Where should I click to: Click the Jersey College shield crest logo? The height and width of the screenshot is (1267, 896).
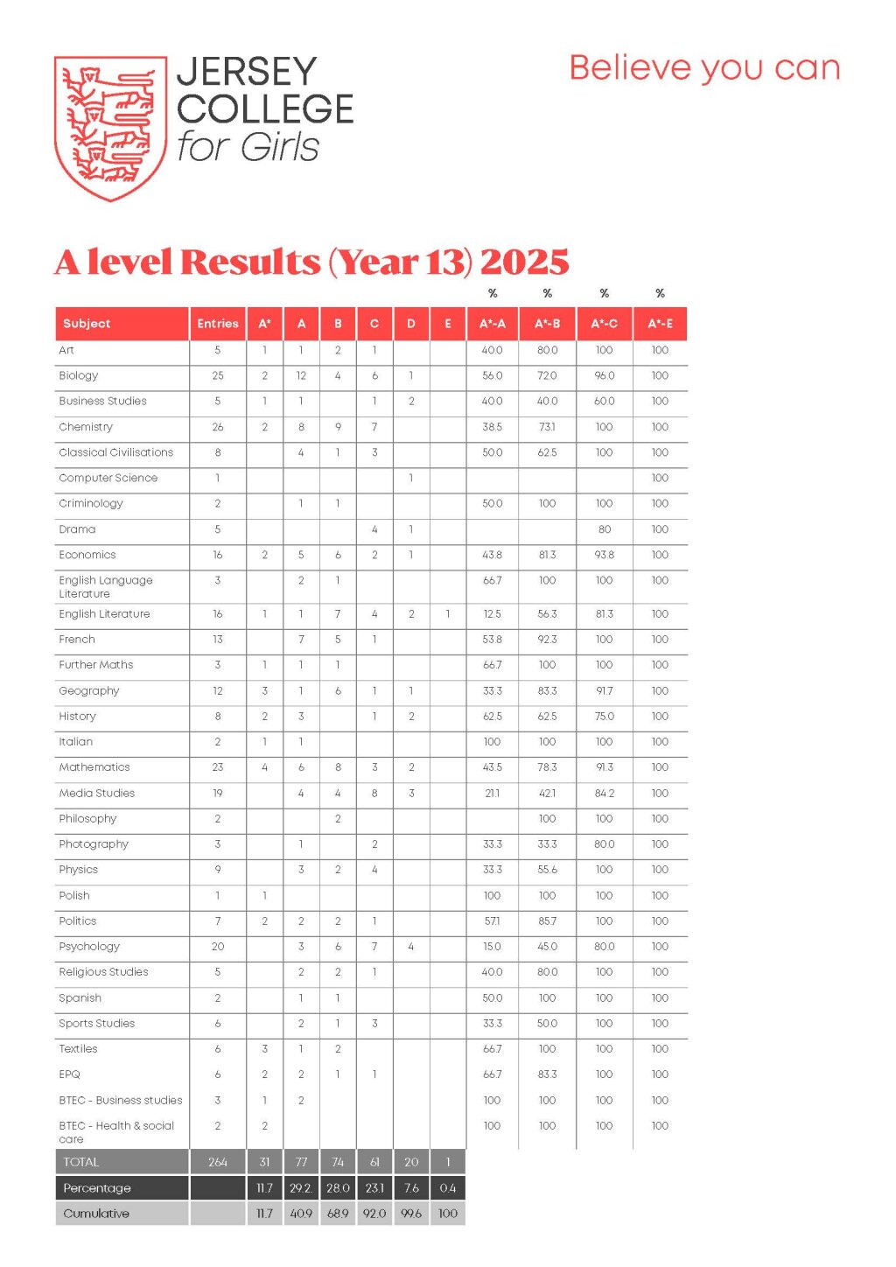pyautogui.click(x=110, y=128)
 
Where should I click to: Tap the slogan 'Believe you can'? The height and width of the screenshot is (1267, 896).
pyautogui.click(x=704, y=68)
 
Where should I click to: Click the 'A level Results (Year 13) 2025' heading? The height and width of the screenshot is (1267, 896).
pyautogui.click(x=311, y=262)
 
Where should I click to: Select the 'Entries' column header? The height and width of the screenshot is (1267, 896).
pyautogui.click(x=218, y=324)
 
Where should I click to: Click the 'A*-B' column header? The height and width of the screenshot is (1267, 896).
pyautogui.click(x=547, y=324)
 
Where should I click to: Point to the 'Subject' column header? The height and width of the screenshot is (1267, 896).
pyautogui.click(x=87, y=324)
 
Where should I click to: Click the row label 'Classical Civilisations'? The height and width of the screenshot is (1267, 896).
pyautogui.click(x=116, y=452)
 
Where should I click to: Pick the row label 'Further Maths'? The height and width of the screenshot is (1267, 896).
pyautogui.click(x=96, y=665)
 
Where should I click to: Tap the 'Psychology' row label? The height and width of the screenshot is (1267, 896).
pyautogui.click(x=89, y=947)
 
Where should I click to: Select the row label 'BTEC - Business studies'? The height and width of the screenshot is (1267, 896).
pyautogui.click(x=121, y=1101)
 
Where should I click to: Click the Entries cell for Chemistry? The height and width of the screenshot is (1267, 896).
pyautogui.click(x=218, y=427)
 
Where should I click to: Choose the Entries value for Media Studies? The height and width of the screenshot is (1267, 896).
pyautogui.click(x=218, y=794)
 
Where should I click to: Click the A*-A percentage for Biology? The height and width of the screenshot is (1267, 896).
pyautogui.click(x=493, y=375)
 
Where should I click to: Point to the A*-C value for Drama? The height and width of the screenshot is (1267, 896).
pyautogui.click(x=605, y=529)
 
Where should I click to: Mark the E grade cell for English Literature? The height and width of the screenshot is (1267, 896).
pyautogui.click(x=448, y=614)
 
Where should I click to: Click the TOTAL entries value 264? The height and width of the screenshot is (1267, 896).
pyautogui.click(x=218, y=1162)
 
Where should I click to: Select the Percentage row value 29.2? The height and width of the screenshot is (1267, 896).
pyautogui.click(x=301, y=1188)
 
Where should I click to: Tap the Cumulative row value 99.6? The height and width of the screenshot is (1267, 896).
pyautogui.click(x=411, y=1214)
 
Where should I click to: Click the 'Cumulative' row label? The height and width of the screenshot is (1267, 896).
pyautogui.click(x=96, y=1214)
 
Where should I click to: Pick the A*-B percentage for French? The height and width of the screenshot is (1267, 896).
pyautogui.click(x=547, y=640)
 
